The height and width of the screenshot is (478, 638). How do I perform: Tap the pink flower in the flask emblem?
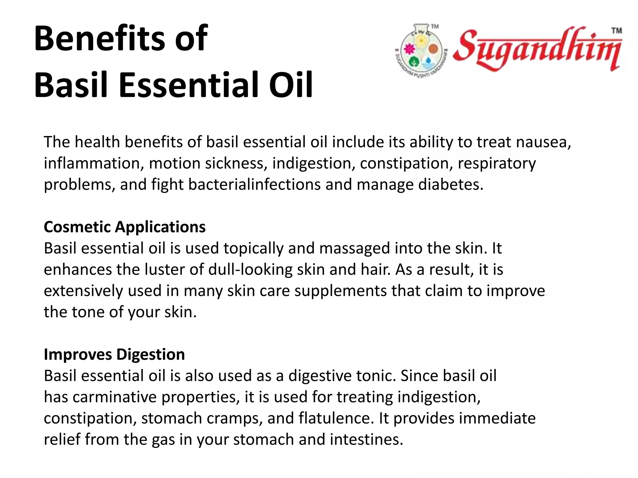click(x=408, y=49)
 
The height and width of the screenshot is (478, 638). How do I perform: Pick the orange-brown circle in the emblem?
click(x=433, y=49)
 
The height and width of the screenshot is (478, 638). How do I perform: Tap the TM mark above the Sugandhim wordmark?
click(x=617, y=31)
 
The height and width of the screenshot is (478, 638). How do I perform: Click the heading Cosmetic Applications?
click(x=125, y=227)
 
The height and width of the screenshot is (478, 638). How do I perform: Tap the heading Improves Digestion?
click(x=114, y=354)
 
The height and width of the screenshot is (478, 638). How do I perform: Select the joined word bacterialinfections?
click(x=254, y=185)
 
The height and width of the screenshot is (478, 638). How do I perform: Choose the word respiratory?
click(x=497, y=163)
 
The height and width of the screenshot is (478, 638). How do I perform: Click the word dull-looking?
click(x=250, y=269)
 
